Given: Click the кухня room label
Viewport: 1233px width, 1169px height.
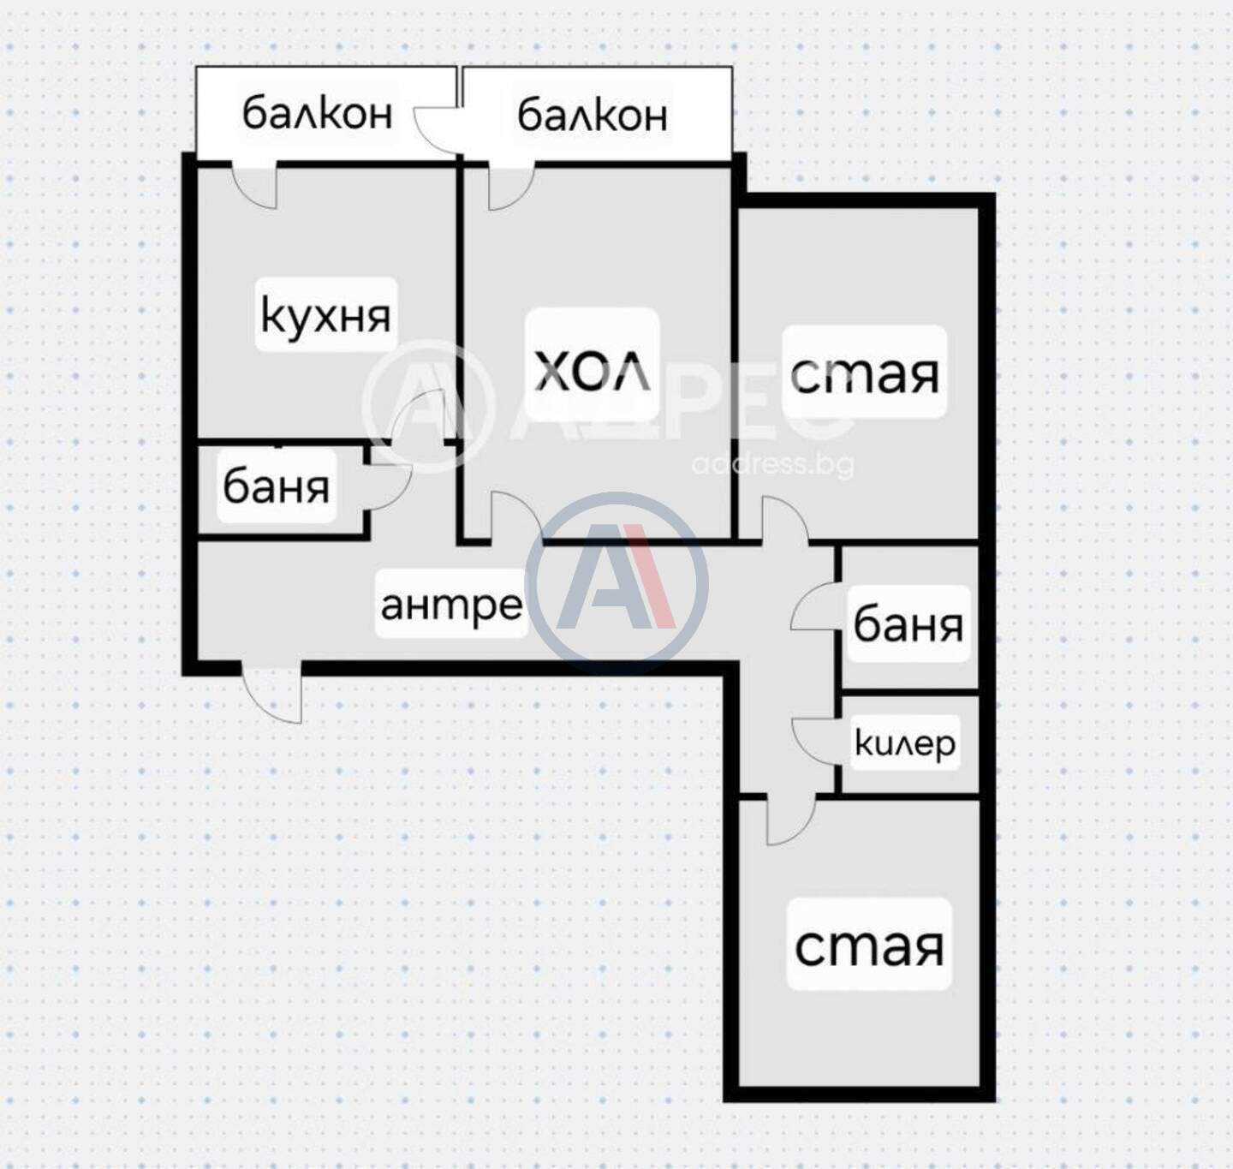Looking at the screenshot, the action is (325, 317).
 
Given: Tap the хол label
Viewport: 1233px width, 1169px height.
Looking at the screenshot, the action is (592, 370).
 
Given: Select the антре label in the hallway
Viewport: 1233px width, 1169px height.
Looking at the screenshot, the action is (451, 605).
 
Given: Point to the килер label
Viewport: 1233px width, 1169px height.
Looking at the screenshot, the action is (905, 743).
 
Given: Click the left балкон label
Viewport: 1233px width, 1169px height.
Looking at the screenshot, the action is (318, 113).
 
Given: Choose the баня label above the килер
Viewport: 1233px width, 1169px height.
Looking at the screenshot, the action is (908, 624).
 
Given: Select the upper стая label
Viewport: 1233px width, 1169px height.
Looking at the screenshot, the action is (864, 374).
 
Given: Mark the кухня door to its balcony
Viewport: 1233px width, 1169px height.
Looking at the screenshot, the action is (254, 185).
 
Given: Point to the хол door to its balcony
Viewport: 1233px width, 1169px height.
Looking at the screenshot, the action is (511, 187).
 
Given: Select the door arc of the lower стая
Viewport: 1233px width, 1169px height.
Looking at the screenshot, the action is (791, 820).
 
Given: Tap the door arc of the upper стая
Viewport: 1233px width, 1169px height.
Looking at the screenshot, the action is (784, 519).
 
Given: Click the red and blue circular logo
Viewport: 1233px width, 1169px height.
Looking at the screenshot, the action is (617, 583).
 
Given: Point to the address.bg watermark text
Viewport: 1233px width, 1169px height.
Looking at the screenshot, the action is (772, 464).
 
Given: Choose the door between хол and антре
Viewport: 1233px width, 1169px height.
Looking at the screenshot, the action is (516, 516).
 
